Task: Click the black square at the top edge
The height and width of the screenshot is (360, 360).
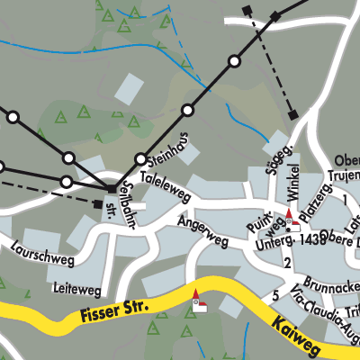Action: (247, 10)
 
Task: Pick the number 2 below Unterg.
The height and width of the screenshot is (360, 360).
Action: (287, 263)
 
